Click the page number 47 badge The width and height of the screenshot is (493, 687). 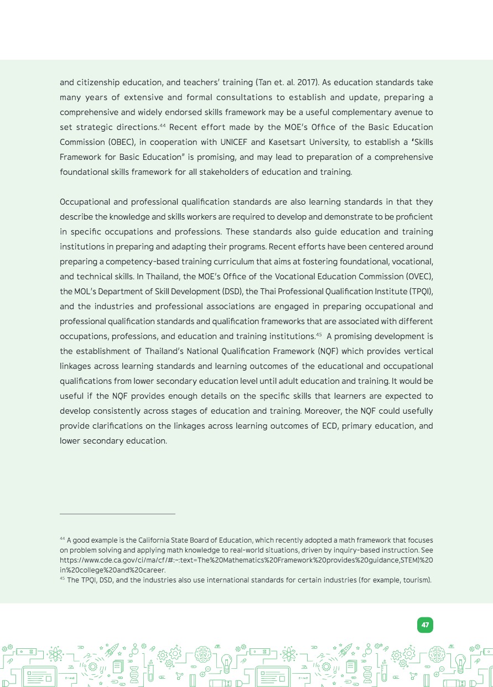click(x=425, y=625)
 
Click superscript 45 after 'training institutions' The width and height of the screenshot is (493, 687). click(x=319, y=334)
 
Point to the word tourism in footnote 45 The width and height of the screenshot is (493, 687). click(x=416, y=580)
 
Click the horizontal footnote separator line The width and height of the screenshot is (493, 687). click(x=117, y=514)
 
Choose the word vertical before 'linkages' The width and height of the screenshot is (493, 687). click(x=419, y=351)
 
